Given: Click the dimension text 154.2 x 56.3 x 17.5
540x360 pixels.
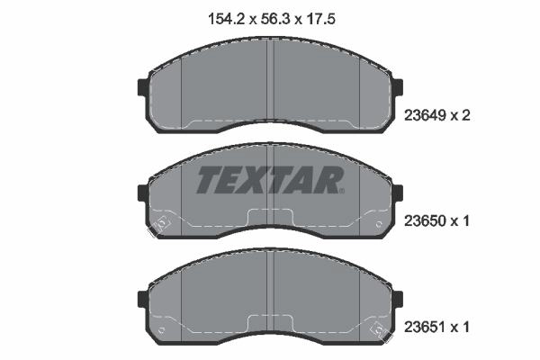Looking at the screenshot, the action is click(x=272, y=19).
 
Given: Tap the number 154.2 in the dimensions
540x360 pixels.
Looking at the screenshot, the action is click(x=226, y=19).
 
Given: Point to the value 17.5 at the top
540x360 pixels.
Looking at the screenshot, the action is click(x=320, y=19).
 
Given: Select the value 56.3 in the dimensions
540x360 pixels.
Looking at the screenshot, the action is click(x=274, y=19).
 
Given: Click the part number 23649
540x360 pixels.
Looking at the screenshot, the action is click(x=426, y=115).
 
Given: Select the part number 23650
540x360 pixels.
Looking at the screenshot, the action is click(x=426, y=220).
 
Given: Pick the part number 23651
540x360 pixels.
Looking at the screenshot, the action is click(x=426, y=327).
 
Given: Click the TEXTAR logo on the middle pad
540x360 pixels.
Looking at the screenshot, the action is click(x=269, y=180).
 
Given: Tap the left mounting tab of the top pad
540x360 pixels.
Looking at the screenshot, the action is click(x=142, y=87).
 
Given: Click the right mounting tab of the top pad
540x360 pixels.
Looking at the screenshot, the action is click(x=398, y=87).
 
